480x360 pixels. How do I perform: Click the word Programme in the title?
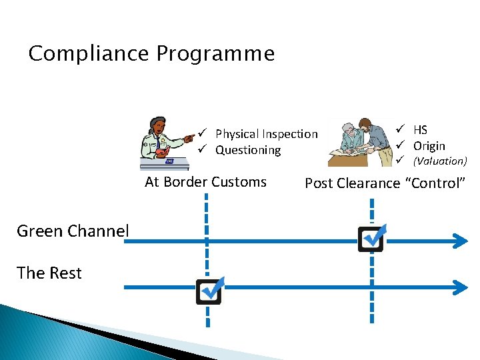(215, 53)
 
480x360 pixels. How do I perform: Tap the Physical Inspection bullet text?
(267, 134)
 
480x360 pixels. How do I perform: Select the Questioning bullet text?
(248, 150)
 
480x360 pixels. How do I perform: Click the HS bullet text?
(420, 130)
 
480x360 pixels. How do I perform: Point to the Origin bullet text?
(429, 145)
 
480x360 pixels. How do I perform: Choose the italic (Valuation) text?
(440, 161)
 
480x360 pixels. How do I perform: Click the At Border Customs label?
(205, 182)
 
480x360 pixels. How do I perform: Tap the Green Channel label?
(73, 231)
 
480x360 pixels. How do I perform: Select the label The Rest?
(49, 273)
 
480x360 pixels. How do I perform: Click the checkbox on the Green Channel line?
(371, 239)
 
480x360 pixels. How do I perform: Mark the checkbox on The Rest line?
(209, 291)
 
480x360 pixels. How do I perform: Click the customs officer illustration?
(163, 142)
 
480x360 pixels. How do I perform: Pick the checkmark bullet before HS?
(401, 129)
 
